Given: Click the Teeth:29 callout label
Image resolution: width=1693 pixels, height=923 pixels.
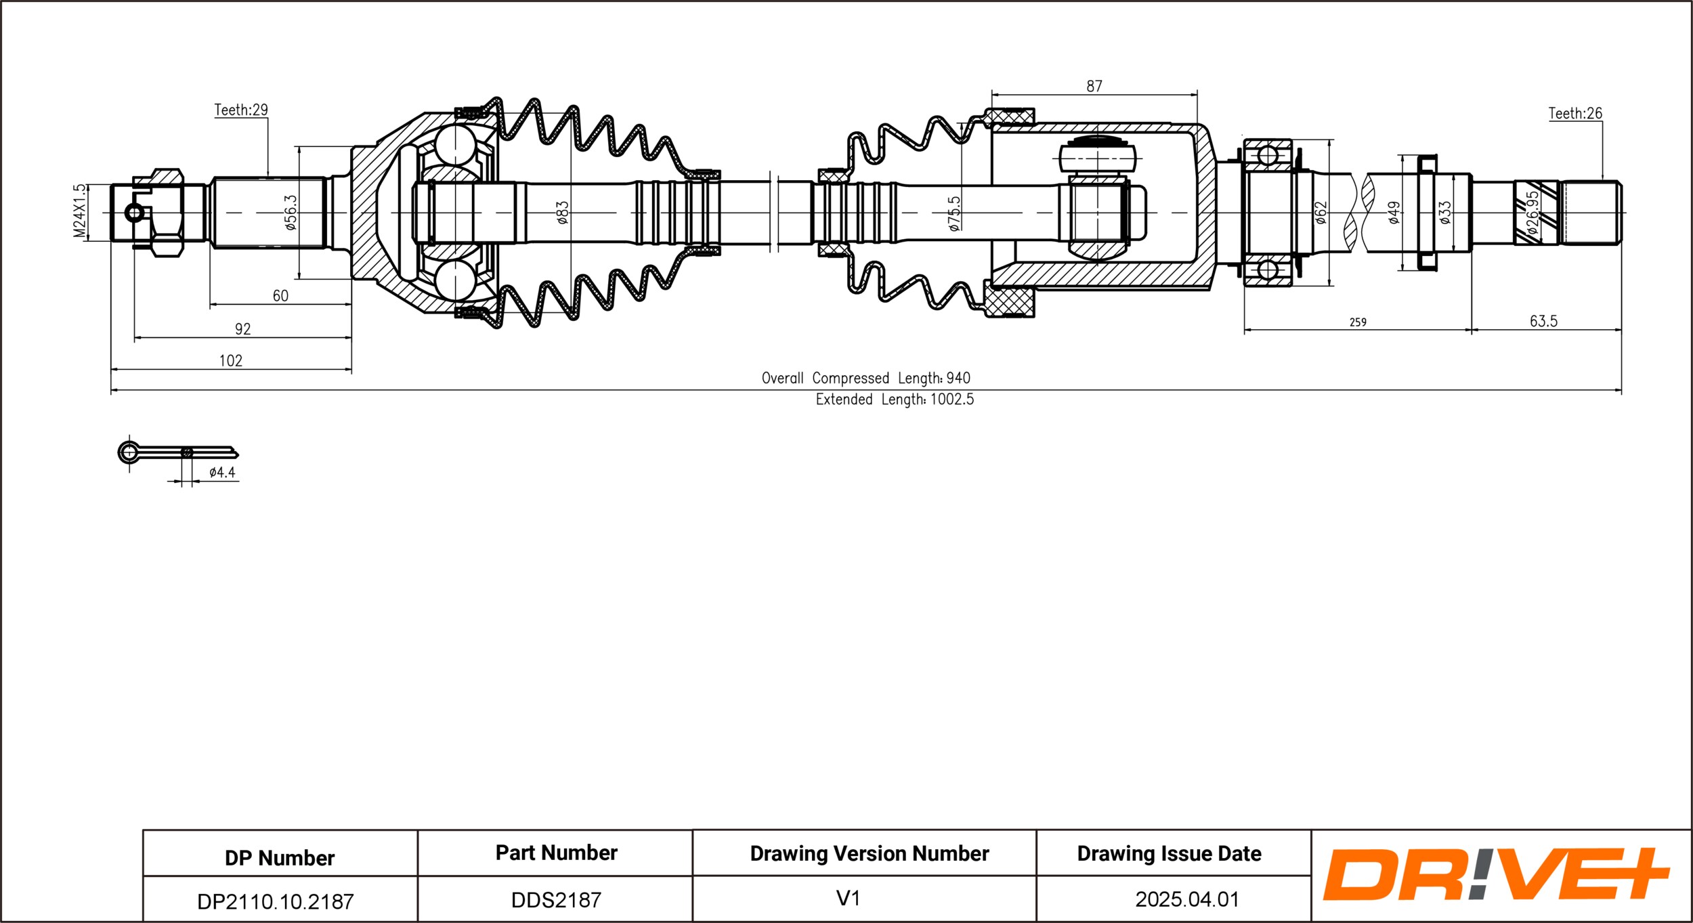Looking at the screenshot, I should pos(241,110).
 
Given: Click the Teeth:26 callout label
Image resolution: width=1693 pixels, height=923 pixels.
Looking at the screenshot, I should pos(1575,113).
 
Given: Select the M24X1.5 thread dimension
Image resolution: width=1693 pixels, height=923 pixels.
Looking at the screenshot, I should pos(80,211).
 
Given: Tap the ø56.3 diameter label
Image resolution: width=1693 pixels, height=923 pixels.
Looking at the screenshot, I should pos(291,213).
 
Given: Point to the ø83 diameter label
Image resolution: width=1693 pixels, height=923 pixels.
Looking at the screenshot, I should pos(563,213).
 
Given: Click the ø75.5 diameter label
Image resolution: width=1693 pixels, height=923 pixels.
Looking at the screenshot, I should pos(954,214).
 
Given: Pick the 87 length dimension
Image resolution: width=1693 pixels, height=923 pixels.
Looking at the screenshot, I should pos(1094,86).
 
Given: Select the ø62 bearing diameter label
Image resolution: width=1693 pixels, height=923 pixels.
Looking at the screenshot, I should pos(1321,213).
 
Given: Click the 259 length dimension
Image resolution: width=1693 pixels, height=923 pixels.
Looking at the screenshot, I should pos(1358,322).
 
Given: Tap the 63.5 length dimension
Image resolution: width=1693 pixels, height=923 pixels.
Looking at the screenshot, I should pos(1543,321).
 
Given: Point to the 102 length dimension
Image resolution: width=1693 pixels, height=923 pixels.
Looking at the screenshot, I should pos(230,360).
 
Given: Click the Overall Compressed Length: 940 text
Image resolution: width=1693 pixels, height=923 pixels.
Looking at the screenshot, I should pos(865,378).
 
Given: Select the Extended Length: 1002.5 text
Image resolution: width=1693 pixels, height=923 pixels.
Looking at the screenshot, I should pos(895,400).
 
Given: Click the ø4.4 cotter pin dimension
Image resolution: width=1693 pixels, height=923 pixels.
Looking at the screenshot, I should pos(222,473).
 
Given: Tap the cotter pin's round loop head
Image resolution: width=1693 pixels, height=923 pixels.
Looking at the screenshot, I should pos(128,452).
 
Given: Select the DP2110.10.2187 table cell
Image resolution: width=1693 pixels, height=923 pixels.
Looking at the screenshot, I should pos(275,901).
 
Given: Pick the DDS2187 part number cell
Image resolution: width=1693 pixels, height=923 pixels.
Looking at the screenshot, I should pos(556,900).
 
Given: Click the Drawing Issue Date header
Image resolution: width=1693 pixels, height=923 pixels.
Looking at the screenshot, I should pos(1169,854).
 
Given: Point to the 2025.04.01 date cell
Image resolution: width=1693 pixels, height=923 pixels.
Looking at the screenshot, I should pos(1186,899).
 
